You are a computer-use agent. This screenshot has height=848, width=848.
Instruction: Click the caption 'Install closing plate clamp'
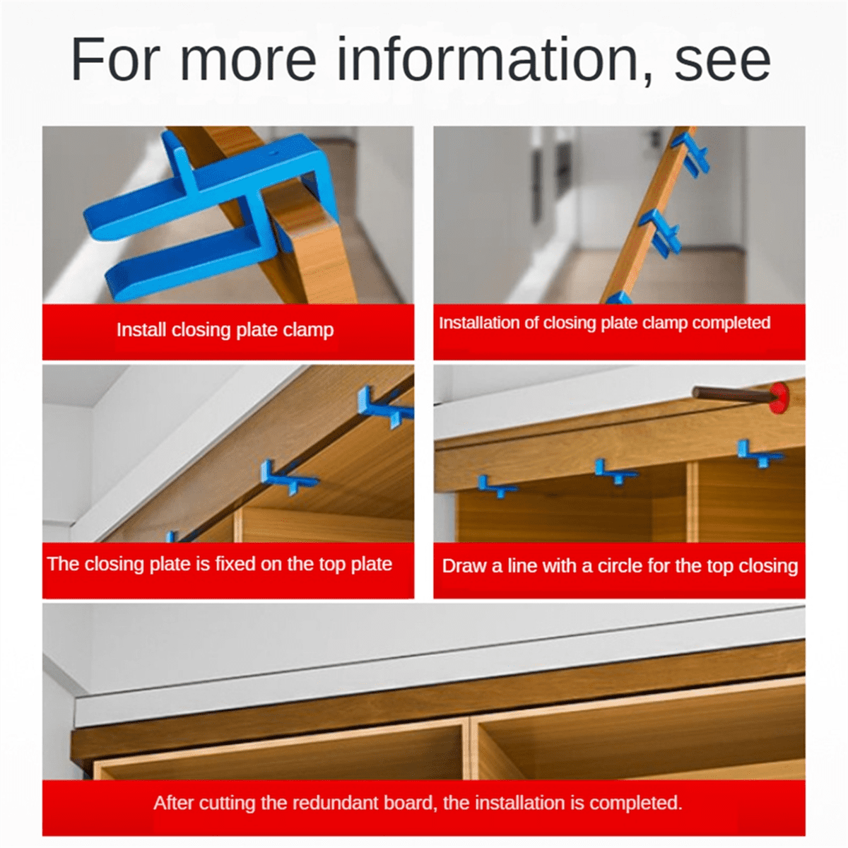(225, 330)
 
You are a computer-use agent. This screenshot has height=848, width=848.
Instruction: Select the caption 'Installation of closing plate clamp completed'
(604, 323)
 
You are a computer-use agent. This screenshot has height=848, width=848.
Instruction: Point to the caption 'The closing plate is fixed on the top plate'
(220, 564)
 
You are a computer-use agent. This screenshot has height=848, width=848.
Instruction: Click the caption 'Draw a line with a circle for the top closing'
(619, 566)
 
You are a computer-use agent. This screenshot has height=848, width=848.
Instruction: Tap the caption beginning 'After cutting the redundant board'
(418, 803)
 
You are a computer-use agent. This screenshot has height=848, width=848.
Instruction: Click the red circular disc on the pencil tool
(779, 398)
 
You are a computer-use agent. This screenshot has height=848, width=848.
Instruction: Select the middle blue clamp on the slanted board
(662, 232)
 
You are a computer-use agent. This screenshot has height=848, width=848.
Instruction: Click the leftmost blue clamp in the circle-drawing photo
(495, 488)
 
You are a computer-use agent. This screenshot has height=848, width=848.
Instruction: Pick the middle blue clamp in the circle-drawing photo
(613, 472)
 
